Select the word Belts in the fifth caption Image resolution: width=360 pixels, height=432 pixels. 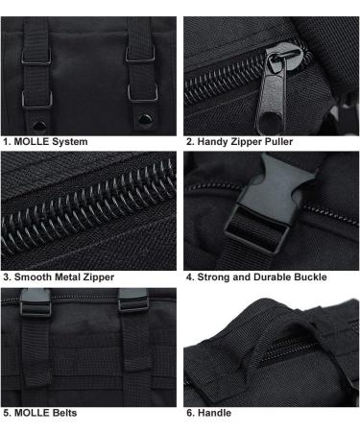click(70, 414)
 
